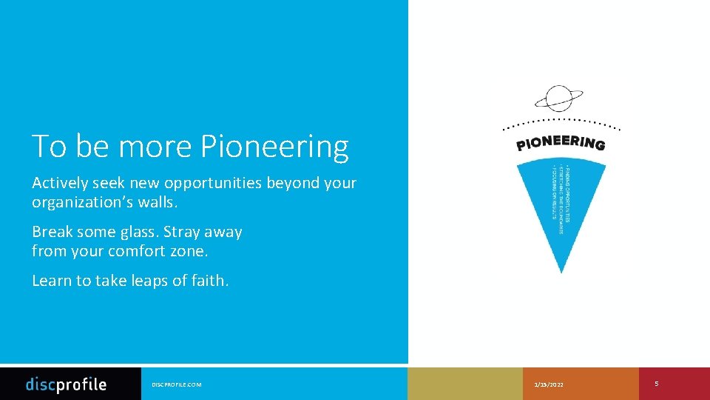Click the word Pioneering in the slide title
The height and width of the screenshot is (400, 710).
pos(274,147)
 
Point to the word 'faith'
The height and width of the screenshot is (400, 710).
pos(209,281)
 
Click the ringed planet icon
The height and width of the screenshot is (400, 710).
pos(558,98)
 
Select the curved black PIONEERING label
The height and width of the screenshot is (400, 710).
pos(561,141)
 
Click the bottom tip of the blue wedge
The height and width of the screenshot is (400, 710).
pos(561,270)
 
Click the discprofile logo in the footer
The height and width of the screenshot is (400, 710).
pos(67,384)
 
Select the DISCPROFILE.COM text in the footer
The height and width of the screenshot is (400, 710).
pos(176,384)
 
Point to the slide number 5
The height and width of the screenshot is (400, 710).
pos(657,384)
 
